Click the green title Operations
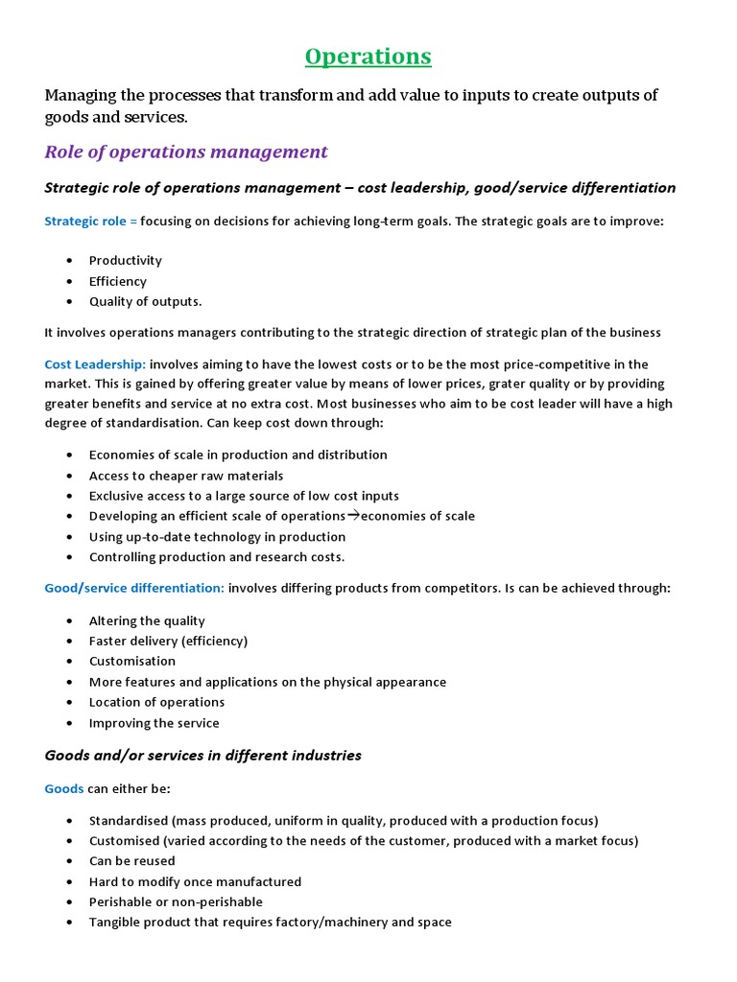point(368,57)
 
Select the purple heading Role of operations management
point(186,152)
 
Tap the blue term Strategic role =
point(91,222)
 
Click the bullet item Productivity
point(125,261)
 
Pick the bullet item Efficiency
point(117,281)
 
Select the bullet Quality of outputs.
point(145,301)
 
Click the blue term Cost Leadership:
point(95,364)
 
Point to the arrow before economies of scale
point(352,516)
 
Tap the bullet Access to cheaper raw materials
point(186,476)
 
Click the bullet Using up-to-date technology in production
point(217,537)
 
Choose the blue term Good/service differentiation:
point(134,588)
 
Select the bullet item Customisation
point(132,662)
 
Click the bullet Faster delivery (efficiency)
point(168,641)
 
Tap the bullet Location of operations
point(156,702)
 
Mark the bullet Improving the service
point(154,723)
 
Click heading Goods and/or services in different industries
point(202,756)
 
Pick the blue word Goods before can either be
point(64,789)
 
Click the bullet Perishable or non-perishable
point(176,902)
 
